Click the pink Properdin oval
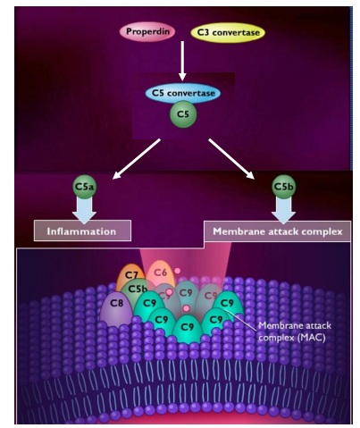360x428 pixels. click(x=149, y=31)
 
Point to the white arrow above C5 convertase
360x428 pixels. click(x=182, y=63)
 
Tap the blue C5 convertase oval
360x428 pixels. click(x=183, y=92)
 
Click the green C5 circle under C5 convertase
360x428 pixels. click(x=183, y=113)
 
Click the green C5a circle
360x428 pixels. click(x=84, y=187)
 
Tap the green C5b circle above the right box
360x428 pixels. click(x=283, y=187)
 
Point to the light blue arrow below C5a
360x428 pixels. click(x=84, y=210)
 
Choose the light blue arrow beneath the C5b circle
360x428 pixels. click(x=283, y=210)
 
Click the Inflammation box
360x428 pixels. click(x=82, y=231)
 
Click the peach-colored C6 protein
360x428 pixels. click(x=161, y=272)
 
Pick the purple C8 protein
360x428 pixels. click(x=116, y=304)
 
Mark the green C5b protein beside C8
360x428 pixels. click(x=138, y=290)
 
